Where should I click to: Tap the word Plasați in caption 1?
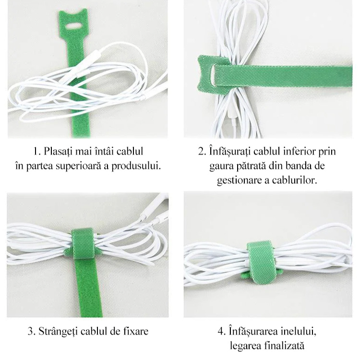58,151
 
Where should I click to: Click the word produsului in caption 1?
136,166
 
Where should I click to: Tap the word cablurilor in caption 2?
295,180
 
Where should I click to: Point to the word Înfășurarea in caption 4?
253,331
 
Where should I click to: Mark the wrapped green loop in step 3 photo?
83,244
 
